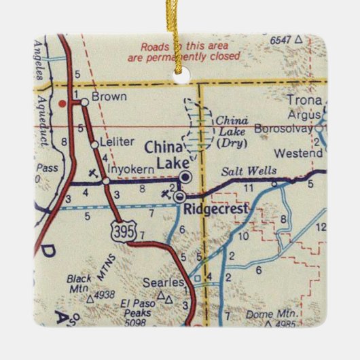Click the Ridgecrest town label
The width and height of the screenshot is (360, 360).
216,209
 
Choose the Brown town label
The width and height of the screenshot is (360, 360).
109,97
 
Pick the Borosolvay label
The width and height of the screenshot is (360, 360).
283,127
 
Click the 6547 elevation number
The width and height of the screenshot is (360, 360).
281,41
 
